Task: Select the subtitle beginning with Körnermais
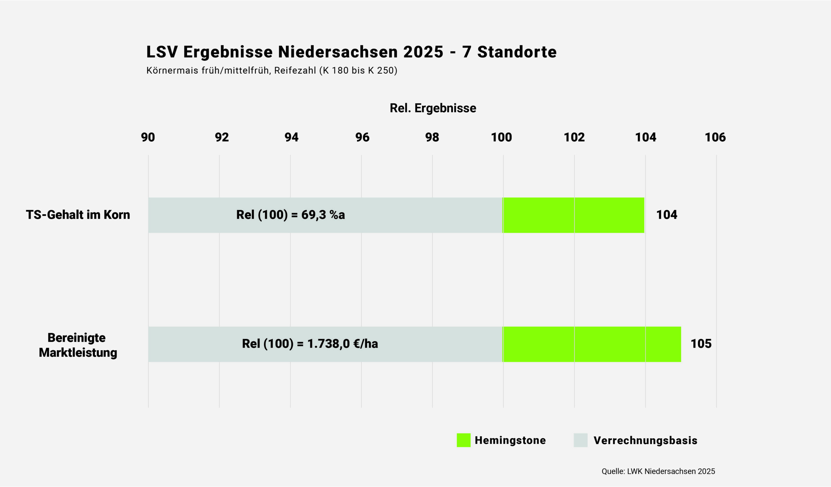[x=272, y=70]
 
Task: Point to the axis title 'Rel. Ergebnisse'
[x=433, y=108]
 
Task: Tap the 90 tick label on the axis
[x=148, y=137]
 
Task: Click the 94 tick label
[x=291, y=137]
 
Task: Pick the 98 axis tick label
[x=432, y=137]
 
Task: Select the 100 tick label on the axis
[x=501, y=137]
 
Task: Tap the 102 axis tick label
[x=574, y=137]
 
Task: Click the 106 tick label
[x=715, y=137]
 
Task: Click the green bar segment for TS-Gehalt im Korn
[x=574, y=215]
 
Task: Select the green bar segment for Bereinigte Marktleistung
[x=592, y=344]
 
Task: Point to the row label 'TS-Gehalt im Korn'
[x=78, y=215]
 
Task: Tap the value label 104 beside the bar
[x=666, y=215]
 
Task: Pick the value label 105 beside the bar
[x=701, y=344]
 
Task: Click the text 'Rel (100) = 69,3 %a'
[x=291, y=215]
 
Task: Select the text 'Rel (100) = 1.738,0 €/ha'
[x=310, y=344]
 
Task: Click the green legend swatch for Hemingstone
[x=463, y=440]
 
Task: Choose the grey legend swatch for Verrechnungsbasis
[x=580, y=440]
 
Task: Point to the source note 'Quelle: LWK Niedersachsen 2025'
[x=658, y=471]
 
